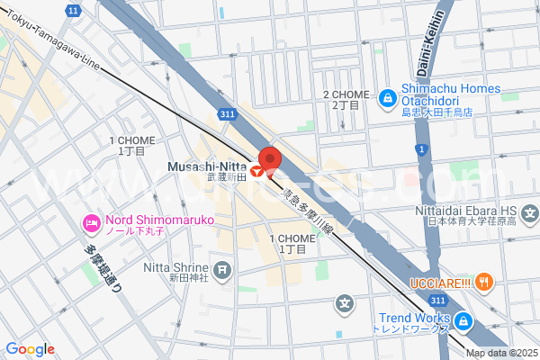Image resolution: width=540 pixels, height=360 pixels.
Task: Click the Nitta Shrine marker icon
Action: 222,268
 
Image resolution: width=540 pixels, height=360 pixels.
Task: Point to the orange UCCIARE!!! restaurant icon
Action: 484,282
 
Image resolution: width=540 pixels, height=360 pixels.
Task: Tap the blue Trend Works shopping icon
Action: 462,319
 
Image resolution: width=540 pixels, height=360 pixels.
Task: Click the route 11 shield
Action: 72,9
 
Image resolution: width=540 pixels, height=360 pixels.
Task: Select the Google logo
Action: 29,349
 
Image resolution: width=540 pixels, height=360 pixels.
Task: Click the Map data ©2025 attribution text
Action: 501,352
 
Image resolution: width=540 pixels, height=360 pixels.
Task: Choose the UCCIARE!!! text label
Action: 438,282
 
